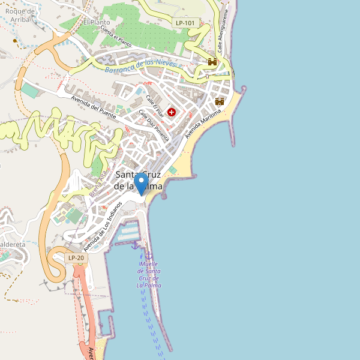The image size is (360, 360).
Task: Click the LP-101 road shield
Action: [x=185, y=23]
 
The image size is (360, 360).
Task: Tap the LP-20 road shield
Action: [x=76, y=258]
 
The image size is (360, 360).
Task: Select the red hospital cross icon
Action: [x=172, y=112]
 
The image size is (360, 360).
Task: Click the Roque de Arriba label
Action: [x=16, y=14]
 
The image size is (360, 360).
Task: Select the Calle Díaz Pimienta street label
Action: [x=154, y=124]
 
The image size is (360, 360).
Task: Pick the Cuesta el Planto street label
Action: [x=116, y=37]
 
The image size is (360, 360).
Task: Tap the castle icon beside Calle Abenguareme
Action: [x=212, y=61]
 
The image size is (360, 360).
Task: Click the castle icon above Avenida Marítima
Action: [x=220, y=101]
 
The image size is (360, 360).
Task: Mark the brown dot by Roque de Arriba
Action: [x=16, y=41]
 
